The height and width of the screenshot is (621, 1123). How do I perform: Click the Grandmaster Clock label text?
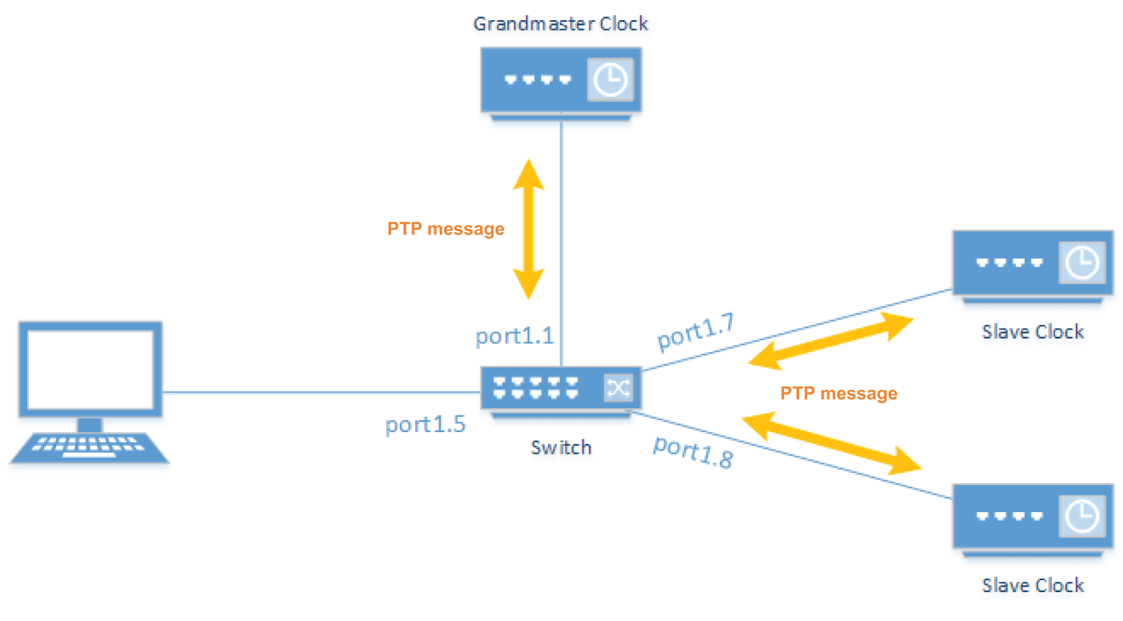[x=560, y=24]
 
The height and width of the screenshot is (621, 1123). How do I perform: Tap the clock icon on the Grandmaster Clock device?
[x=610, y=80]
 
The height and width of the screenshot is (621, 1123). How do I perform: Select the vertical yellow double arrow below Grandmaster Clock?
[x=529, y=229]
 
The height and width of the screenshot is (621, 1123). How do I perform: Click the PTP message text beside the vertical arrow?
[x=445, y=229]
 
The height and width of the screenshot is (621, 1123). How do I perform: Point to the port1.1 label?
[x=514, y=336]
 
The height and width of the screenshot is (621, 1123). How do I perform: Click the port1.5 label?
[x=425, y=425]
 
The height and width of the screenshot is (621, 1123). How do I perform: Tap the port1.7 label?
[x=696, y=331]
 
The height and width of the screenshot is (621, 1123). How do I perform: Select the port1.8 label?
[x=693, y=452]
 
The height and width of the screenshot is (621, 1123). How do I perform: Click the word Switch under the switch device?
[x=561, y=447]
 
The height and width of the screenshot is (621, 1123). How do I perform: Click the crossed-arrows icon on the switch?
[x=619, y=388]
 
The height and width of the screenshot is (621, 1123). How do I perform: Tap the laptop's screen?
[x=90, y=369]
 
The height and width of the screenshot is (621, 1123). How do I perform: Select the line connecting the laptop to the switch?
[x=321, y=392]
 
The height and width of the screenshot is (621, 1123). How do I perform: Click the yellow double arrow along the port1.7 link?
[x=831, y=341]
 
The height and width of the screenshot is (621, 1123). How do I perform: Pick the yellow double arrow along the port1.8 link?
[x=831, y=442]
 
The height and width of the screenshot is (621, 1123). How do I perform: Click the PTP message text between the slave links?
[x=838, y=393]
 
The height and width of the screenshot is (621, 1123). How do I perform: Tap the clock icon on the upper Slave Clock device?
[x=1082, y=263]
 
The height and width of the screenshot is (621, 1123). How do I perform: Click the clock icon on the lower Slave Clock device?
[x=1082, y=516]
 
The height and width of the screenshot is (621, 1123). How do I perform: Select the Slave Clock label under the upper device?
[x=1032, y=332]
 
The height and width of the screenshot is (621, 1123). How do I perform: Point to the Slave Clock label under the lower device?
[x=1032, y=586]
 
